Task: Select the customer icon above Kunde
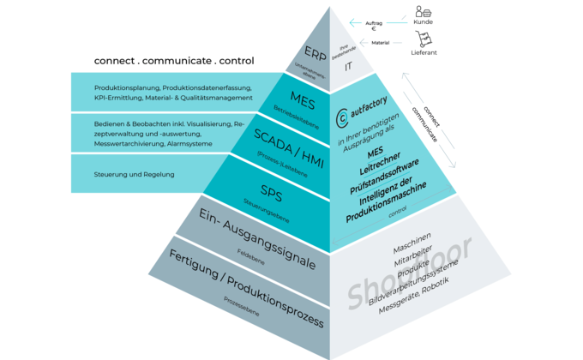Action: click(x=423, y=13)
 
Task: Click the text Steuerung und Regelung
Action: click(x=135, y=174)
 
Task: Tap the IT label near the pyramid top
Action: click(x=348, y=64)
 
